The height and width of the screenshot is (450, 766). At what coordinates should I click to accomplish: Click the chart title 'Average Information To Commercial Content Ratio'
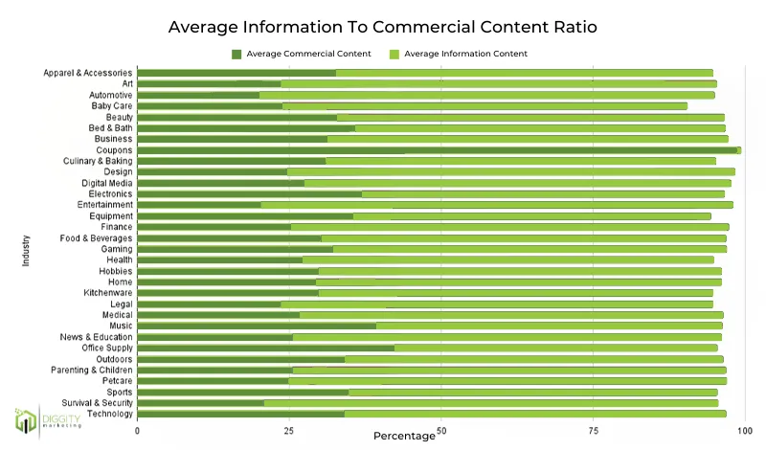pos(383,27)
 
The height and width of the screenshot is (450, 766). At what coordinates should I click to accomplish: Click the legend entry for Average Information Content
pos(458,54)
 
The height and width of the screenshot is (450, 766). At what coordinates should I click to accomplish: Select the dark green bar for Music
pos(257,326)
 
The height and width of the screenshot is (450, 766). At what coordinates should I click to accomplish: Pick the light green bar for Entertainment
pos(496,205)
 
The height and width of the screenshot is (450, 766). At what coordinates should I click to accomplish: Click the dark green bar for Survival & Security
pos(201,402)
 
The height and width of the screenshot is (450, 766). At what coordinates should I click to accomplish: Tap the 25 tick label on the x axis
pos(288,431)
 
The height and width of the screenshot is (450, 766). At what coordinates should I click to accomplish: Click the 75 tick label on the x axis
pos(592,431)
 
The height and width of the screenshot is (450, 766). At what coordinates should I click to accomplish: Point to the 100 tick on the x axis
pos(742,431)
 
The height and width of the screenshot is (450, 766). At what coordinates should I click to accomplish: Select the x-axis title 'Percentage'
pos(404,436)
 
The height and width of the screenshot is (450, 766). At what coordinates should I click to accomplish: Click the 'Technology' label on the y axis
pos(109,414)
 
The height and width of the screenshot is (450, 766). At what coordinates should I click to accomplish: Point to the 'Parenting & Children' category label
pos(91,370)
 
